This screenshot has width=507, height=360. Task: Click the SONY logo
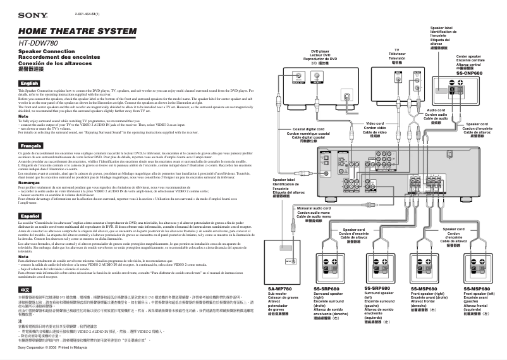30,14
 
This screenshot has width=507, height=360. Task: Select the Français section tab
30,146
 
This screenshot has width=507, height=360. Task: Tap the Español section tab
29,216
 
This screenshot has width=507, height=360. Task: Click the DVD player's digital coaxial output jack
347,98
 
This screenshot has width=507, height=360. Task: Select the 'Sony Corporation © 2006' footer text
46,347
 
